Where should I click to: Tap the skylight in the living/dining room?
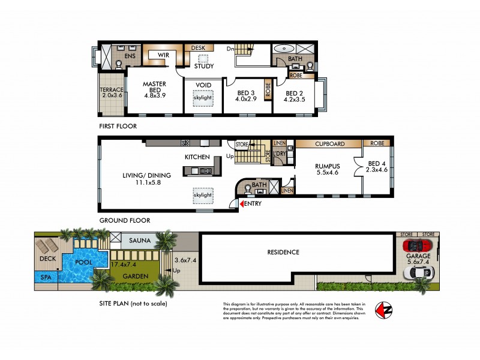point(202,195)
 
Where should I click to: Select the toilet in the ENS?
point(118,62)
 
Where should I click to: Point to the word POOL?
point(84,262)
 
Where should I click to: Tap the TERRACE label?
point(112,89)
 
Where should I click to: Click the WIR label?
point(162,55)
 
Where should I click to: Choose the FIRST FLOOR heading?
point(118,127)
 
